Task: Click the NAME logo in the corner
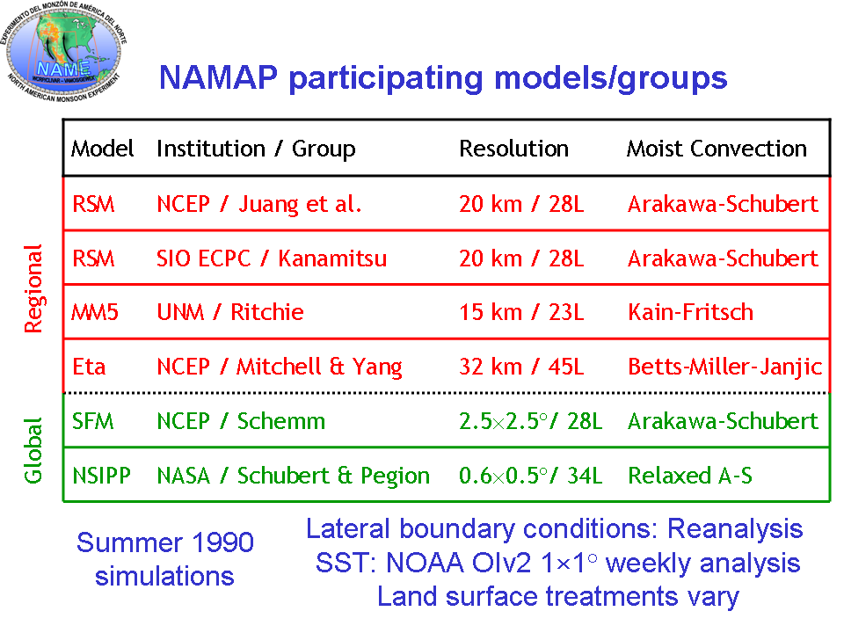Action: point(64,51)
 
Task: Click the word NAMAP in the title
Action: point(219,77)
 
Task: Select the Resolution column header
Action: point(514,149)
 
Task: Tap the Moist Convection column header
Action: point(717,149)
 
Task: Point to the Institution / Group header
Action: point(256,149)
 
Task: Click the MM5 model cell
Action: point(95,312)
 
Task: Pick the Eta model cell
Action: point(89,367)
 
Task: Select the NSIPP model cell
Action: point(101,476)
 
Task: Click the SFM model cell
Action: point(93,421)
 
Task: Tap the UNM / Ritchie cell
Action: point(230,312)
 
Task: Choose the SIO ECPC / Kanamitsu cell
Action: point(272,258)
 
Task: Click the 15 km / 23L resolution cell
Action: point(521,312)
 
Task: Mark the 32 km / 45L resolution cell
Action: point(521,367)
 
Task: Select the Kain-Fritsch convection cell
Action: point(691,312)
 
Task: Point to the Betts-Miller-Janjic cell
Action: point(725,367)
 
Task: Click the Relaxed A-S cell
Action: point(690,476)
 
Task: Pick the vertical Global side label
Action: point(33,450)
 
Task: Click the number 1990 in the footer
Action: point(222,542)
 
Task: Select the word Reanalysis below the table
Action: point(735,529)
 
